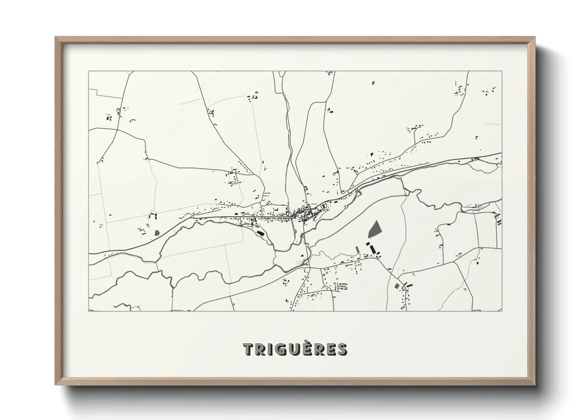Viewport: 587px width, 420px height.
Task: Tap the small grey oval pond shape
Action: point(157,232)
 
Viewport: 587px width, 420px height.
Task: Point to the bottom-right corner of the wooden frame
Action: point(535,385)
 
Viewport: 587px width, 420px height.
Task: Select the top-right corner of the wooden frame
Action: point(535,37)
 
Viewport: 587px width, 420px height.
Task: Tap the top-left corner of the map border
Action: point(88,71)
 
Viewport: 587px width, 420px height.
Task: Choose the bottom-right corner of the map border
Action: point(502,311)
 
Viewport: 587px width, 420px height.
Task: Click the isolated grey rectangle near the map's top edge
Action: point(373,83)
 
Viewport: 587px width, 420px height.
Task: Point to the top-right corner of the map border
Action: point(502,71)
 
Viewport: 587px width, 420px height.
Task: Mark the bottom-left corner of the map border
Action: point(88,311)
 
